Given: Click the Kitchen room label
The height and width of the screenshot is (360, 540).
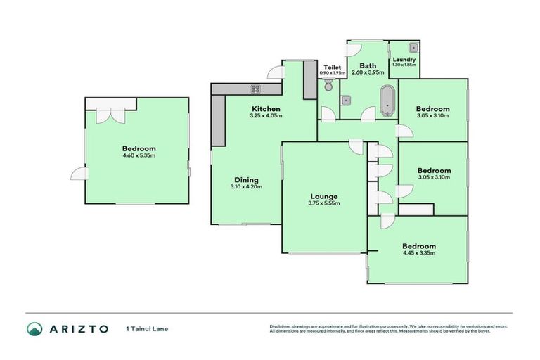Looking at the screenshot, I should click(266, 109).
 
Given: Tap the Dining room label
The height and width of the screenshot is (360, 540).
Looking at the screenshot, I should click(246, 179).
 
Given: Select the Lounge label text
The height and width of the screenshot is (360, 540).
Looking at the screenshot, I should click(325, 196).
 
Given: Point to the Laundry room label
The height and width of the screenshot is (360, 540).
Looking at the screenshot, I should click(404, 60).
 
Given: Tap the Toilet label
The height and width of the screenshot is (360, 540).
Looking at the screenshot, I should click(333, 67).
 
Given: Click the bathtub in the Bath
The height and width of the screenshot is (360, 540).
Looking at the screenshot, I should click(387, 101).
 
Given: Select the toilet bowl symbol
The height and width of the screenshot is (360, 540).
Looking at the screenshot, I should click(329, 85).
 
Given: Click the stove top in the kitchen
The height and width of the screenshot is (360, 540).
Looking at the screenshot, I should click(255, 89).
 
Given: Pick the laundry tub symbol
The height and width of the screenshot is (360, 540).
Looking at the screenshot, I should click(414, 48).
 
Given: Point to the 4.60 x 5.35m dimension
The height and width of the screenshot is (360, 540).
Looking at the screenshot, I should click(139, 155).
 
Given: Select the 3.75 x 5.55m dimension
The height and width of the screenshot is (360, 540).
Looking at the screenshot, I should click(325, 203).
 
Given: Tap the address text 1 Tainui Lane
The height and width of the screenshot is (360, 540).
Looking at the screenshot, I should click(146, 328).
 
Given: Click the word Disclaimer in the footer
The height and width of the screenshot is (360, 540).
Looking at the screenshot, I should click(282, 326).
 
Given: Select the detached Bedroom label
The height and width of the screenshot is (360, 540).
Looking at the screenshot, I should click(139, 148).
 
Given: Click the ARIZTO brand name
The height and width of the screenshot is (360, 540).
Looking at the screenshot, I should click(79, 328).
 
